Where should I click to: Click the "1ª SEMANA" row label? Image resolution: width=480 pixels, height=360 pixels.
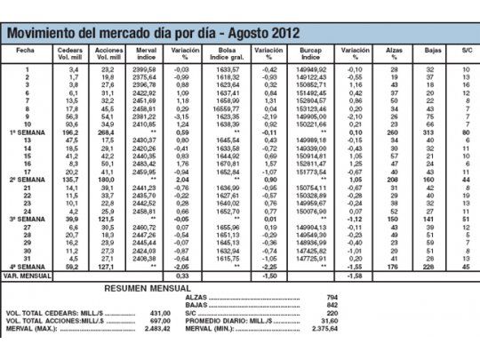tap(28, 132)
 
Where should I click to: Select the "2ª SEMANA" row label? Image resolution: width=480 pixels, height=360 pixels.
tap(28, 179)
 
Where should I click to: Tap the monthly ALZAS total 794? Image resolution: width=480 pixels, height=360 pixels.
tap(332, 297)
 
